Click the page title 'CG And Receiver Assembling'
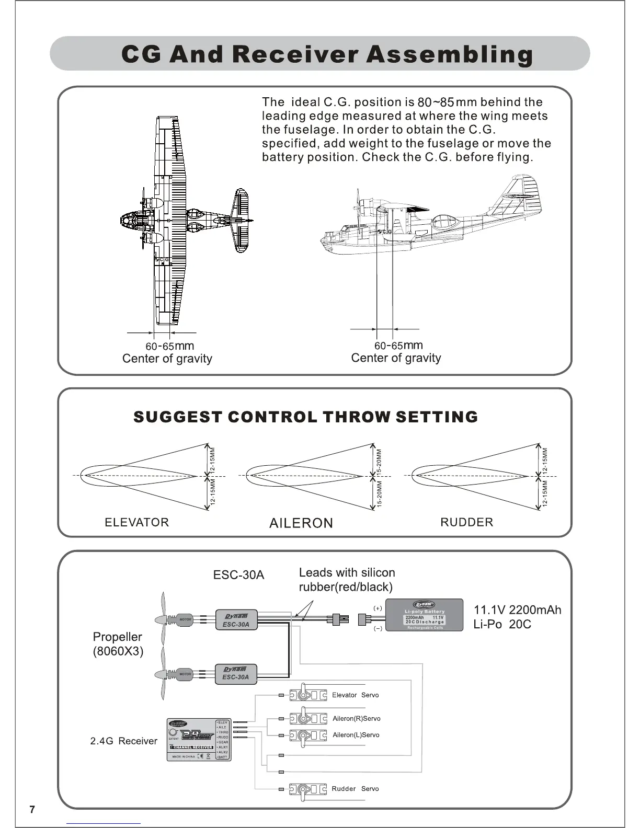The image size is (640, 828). pos(327,54)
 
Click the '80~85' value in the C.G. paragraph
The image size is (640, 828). pos(435,102)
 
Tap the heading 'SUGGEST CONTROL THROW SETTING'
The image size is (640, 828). pos(306,417)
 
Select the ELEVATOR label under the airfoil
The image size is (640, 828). pos(137,522)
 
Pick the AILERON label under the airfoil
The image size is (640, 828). pos(301,523)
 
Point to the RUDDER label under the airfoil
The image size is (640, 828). pos(466,522)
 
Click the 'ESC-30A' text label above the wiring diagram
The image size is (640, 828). pos(238,575)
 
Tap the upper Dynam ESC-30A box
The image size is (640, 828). pos(236,620)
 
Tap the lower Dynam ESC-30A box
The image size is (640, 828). pos(236,673)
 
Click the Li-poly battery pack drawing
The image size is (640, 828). pos(425,615)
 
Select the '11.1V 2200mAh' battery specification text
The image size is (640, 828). pos(517,610)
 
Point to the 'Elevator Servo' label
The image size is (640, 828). pos(355,695)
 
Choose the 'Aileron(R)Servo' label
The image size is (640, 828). pos(356,719)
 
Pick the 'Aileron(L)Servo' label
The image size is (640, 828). pos(356,735)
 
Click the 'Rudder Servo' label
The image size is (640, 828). pos(355,789)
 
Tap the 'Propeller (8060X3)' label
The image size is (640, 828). pos(118,644)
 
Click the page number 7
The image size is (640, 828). pos(32,810)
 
